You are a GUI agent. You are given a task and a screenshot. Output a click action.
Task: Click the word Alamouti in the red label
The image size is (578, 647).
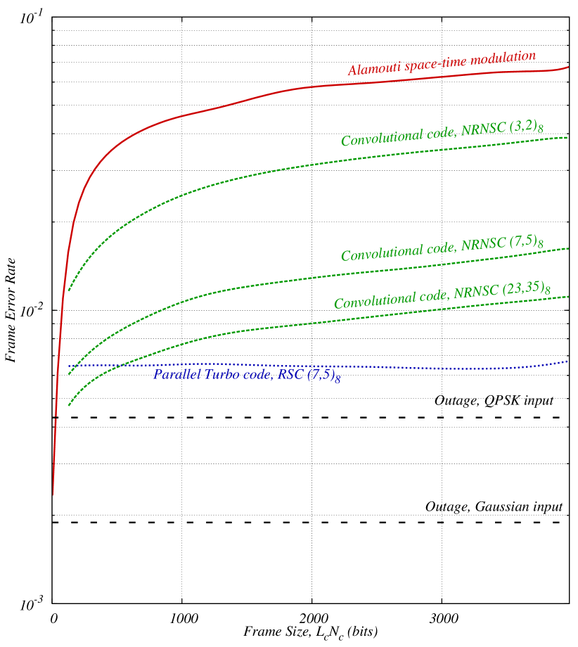pyautogui.click(x=371, y=68)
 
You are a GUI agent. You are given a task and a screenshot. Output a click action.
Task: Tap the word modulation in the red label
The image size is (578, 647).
pyautogui.click(x=503, y=58)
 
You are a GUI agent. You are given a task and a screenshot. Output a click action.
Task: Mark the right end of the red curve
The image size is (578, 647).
pyautogui.click(x=568, y=67)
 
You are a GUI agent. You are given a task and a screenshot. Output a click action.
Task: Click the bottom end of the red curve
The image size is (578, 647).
pyautogui.click(x=53, y=494)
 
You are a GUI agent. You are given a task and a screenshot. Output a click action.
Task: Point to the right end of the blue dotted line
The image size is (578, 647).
pyautogui.click(x=568, y=361)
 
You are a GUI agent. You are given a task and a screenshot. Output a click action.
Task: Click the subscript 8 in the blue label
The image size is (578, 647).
pyautogui.click(x=338, y=380)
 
